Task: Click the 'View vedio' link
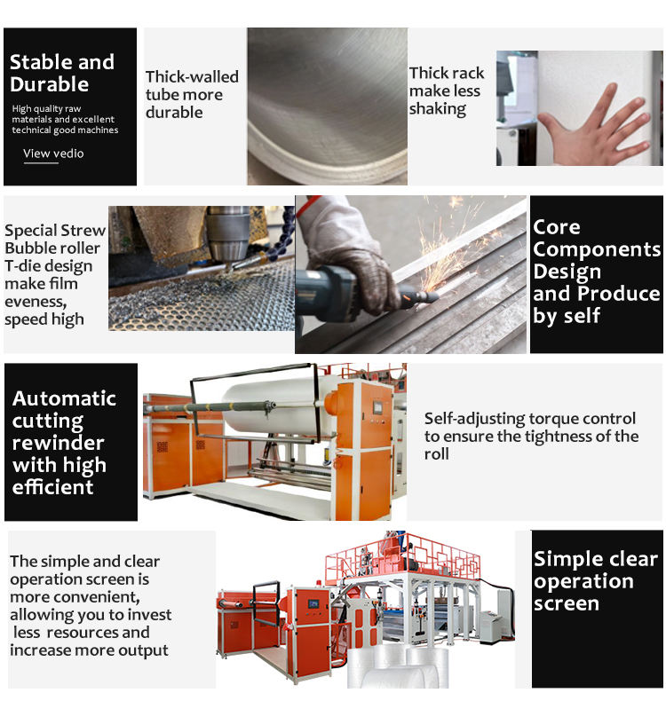[53, 154]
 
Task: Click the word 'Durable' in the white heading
[49, 84]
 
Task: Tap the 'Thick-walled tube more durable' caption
[192, 94]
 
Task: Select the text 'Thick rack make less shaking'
[447, 91]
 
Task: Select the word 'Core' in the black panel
[557, 227]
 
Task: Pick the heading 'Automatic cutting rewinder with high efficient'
[65, 443]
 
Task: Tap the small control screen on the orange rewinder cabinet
[378, 407]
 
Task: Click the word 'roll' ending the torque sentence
[436, 454]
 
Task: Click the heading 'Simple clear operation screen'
[595, 581]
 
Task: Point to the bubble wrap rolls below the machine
[398, 668]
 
